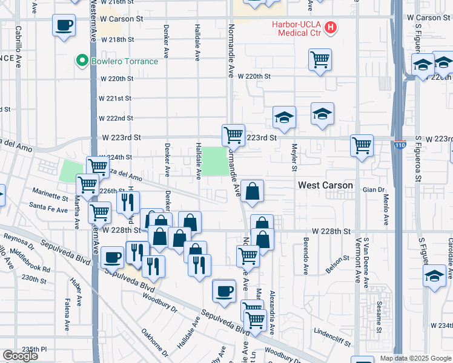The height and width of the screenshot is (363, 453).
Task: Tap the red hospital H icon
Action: point(331,27)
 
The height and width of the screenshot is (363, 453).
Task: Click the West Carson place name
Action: point(326,185)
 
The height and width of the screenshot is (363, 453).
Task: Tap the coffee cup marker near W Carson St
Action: point(64,26)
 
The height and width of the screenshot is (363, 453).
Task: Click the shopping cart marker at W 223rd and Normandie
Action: point(233,134)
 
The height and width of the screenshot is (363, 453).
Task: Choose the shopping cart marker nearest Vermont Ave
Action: point(362,145)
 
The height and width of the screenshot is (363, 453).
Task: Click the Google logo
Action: point(20,356)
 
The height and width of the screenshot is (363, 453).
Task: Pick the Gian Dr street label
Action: point(370,189)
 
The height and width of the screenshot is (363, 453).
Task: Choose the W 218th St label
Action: point(117,39)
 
